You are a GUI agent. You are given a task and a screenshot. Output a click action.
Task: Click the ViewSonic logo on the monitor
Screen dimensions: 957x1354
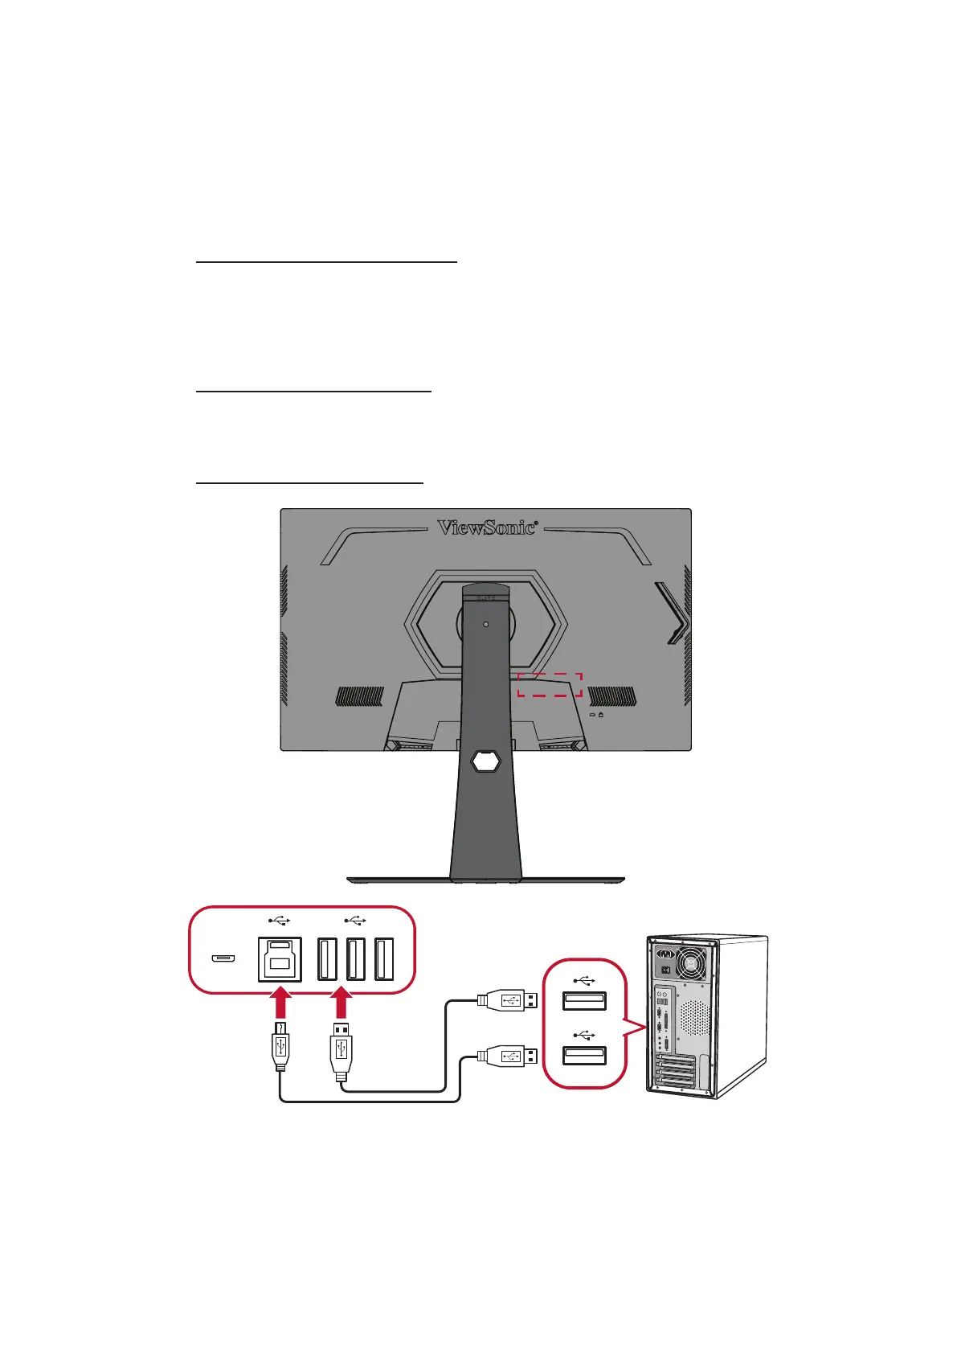486,527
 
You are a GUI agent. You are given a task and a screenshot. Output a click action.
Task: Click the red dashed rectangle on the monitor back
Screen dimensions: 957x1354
550,684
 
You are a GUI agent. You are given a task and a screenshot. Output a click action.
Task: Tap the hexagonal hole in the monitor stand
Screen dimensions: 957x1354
485,761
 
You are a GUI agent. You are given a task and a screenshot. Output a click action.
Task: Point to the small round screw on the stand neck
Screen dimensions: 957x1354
485,624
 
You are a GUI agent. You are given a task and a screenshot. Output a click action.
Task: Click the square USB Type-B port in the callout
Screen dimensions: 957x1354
279,959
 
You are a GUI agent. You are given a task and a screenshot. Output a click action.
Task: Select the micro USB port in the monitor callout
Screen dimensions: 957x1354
223,958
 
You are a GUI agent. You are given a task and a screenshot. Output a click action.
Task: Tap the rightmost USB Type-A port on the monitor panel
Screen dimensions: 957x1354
384,959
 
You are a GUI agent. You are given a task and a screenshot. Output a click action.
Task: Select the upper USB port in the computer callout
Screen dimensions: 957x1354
584,1001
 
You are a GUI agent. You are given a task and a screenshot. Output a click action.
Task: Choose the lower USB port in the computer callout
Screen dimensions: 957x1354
584,1056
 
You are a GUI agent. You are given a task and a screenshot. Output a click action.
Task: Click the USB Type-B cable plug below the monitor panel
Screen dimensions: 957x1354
280,1045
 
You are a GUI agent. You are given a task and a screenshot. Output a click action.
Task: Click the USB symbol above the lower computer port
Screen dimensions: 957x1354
584,1035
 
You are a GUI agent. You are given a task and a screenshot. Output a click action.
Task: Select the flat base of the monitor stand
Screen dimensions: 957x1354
485,880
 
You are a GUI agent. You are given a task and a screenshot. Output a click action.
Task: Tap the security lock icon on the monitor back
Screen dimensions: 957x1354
601,714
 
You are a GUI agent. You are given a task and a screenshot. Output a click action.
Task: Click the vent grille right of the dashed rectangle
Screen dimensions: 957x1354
612,696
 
